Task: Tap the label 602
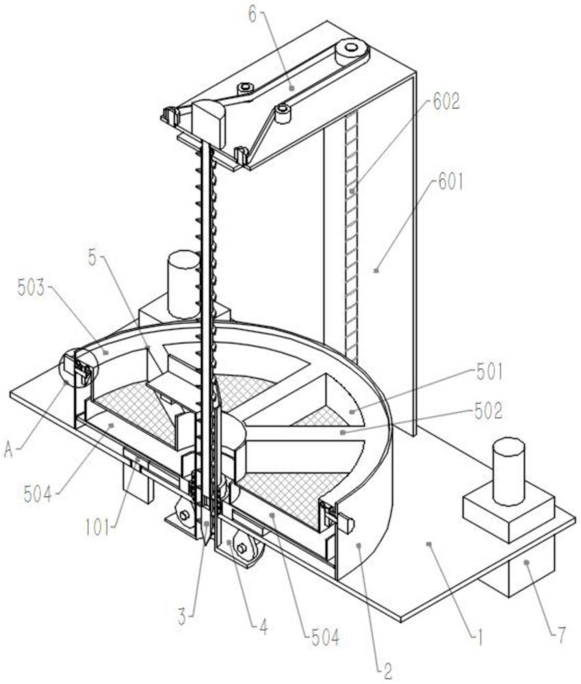click(446, 102)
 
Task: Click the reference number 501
click(489, 373)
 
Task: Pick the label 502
click(489, 411)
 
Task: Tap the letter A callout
click(9, 451)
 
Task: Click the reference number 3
click(182, 617)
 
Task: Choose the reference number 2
click(387, 670)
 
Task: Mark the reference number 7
click(561, 635)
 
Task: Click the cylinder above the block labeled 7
click(508, 473)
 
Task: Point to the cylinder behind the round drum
click(183, 284)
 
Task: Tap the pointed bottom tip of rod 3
click(205, 544)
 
